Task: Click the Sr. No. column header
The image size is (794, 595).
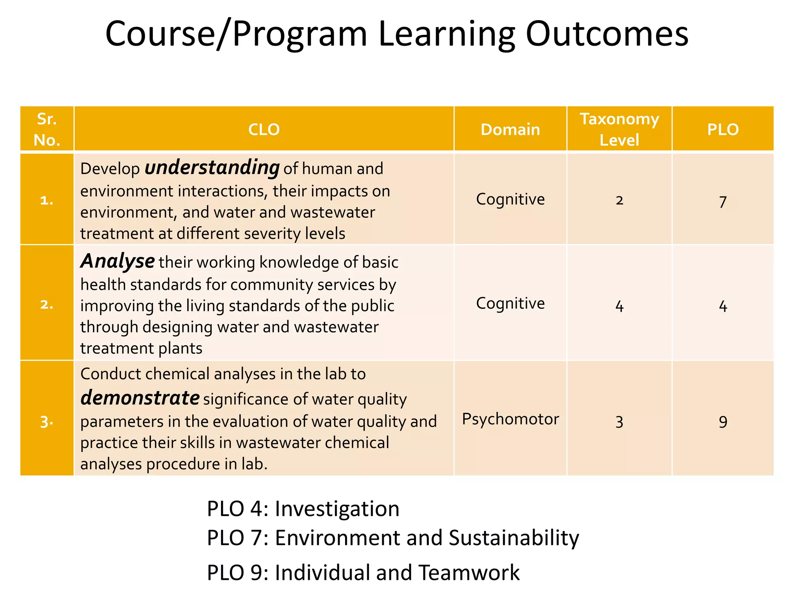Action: pyautogui.click(x=47, y=129)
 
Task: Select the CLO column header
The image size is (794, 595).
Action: pyautogui.click(x=264, y=129)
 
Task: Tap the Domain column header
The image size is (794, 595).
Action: pyautogui.click(x=510, y=129)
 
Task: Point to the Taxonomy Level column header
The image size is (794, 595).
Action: pyautogui.click(x=619, y=129)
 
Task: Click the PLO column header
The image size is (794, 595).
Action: pyautogui.click(x=723, y=129)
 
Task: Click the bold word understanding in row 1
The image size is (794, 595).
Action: pyautogui.click(x=212, y=168)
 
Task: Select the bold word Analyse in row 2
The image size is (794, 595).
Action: pyautogui.click(x=117, y=261)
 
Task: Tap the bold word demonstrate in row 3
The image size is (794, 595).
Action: pyautogui.click(x=140, y=398)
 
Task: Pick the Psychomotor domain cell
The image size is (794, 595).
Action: pyautogui.click(x=510, y=419)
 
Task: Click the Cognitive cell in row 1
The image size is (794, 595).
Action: pyautogui.click(x=510, y=199)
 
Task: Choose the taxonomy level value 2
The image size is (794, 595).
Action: pyautogui.click(x=619, y=200)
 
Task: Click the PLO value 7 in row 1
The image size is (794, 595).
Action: pyautogui.click(x=723, y=202)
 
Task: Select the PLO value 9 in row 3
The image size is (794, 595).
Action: pyautogui.click(x=723, y=421)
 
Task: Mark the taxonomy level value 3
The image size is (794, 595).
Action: pyautogui.click(x=619, y=421)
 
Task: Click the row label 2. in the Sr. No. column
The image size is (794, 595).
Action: pyautogui.click(x=47, y=304)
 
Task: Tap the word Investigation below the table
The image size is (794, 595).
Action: pyautogui.click(x=337, y=509)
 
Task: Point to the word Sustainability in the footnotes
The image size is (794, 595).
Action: pyautogui.click(x=514, y=538)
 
